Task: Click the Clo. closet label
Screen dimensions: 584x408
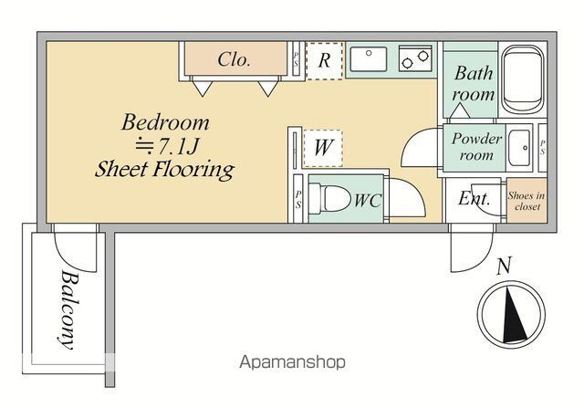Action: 234,59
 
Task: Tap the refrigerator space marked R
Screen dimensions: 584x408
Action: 324,61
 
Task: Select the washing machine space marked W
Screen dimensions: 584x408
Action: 323,148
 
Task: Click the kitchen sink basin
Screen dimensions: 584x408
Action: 369,58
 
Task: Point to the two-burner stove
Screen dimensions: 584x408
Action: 415,58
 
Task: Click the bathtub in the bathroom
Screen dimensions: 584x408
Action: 523,79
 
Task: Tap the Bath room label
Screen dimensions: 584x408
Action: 474,83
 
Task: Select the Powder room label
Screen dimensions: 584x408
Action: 476,146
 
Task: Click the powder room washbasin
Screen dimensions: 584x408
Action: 519,148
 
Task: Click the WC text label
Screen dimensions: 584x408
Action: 367,201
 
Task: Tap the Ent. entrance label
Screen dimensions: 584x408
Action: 474,198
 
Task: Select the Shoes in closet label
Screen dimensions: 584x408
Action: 527,201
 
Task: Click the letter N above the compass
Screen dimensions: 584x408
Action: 504,266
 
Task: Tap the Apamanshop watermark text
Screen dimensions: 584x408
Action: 292,362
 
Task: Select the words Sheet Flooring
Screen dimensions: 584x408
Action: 164,170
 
